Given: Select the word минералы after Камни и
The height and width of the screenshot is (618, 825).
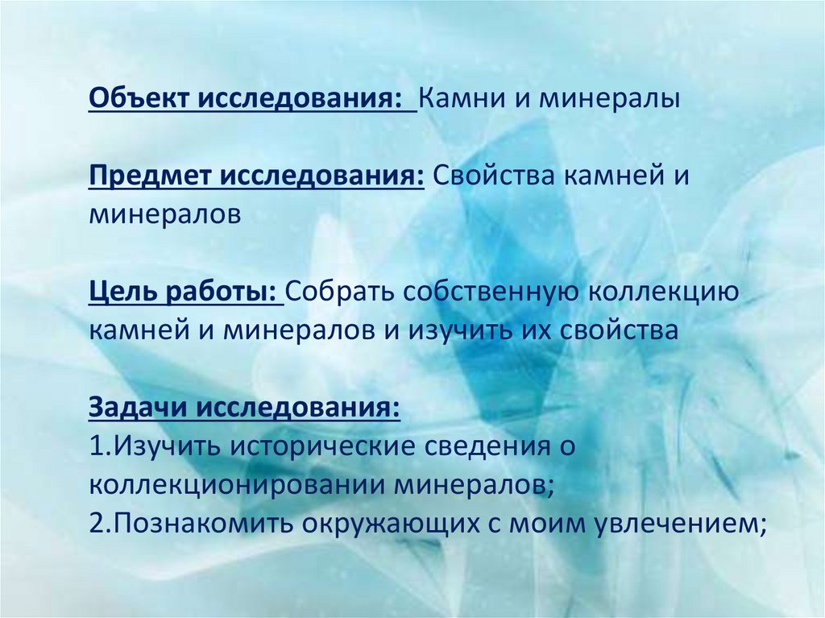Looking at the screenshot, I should click(610, 101).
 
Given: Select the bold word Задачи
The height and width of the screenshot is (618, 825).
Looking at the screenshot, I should click(137, 407).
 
